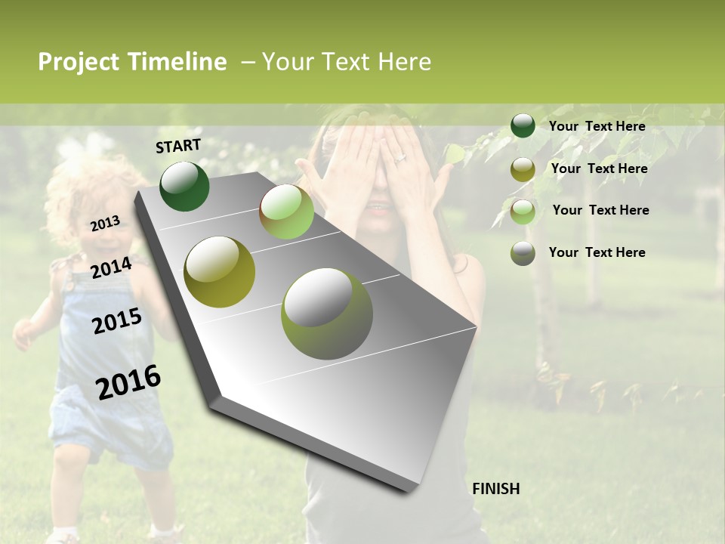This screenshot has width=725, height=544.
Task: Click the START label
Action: tap(178, 146)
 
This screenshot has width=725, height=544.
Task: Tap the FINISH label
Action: tap(495, 489)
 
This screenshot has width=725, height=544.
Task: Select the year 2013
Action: tap(105, 223)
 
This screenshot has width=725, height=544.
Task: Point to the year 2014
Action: tap(111, 267)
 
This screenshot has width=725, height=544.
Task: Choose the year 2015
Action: tap(116, 321)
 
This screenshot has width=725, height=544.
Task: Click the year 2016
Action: tap(128, 382)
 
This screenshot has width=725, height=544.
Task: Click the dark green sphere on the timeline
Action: tap(184, 186)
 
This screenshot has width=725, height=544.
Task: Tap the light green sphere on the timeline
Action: tap(286, 212)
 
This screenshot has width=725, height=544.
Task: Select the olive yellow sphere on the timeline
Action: tap(220, 271)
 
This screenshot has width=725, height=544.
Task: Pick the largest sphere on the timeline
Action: tap(327, 313)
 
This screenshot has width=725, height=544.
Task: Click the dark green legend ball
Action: tap(523, 126)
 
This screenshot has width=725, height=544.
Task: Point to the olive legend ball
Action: tap(523, 169)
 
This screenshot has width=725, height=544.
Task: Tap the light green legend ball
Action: tap(523, 212)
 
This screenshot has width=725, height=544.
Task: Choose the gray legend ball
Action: tap(523, 253)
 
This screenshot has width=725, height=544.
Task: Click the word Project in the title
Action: tap(79, 62)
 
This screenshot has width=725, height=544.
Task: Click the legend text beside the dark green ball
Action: tap(597, 126)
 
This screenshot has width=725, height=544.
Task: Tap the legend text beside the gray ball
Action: tap(597, 252)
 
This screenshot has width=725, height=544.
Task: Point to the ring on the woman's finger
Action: tap(400, 158)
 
